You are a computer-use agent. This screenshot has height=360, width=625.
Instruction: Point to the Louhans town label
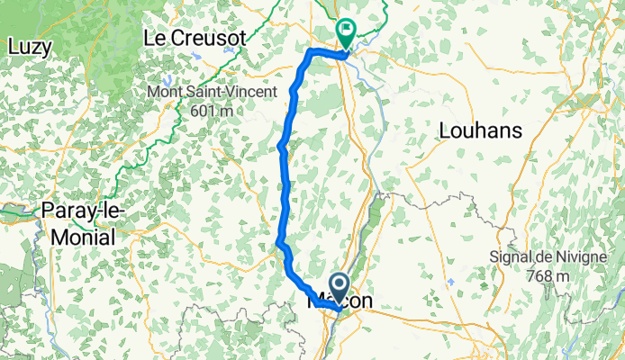[480, 130]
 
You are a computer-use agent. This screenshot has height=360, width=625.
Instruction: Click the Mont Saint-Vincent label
[213, 93]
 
